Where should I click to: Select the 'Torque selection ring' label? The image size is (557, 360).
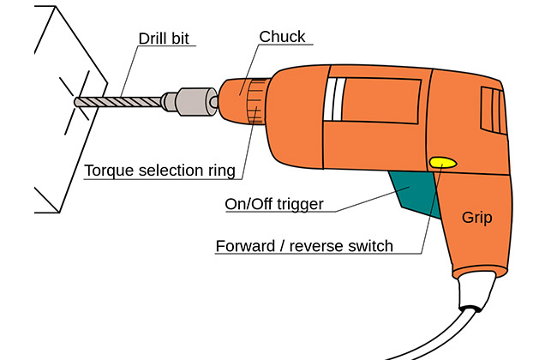pos(159,171)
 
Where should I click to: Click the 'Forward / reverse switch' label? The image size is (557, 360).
pos(304,246)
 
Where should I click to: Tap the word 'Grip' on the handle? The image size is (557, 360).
pos(476,218)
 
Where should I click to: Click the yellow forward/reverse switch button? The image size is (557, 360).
pos(442,161)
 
